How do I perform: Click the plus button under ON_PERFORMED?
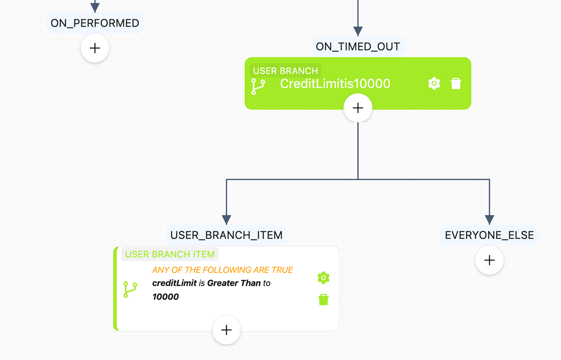95,48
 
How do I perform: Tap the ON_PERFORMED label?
95,23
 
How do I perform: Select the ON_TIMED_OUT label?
358,46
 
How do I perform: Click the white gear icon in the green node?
434,84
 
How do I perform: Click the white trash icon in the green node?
456,84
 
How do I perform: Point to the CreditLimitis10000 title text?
335,84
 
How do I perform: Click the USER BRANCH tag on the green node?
285,71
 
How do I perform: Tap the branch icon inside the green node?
258,86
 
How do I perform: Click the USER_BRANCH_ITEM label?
226,235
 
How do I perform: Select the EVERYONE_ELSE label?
489,235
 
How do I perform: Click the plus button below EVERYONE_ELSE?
489,260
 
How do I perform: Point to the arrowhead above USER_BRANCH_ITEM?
226,220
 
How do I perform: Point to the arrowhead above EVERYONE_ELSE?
489,220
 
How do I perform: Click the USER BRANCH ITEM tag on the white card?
170,254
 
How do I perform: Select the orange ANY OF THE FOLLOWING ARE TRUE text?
223,270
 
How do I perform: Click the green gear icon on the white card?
323,278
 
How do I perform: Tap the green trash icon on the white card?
323,300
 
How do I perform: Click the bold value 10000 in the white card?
165,296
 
